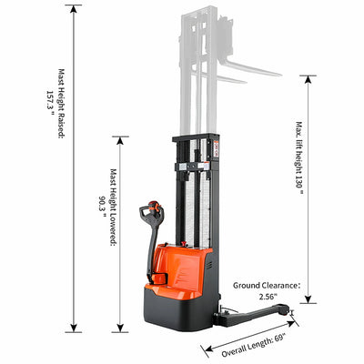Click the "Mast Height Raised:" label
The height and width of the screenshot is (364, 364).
[x=62, y=104]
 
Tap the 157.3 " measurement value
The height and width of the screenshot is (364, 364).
[x=50, y=103]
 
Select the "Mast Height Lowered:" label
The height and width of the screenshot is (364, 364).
[x=113, y=207]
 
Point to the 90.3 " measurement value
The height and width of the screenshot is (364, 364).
[x=102, y=207]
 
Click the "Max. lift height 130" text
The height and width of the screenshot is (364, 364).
[x=299, y=157]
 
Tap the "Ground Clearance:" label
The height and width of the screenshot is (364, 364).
[x=267, y=286]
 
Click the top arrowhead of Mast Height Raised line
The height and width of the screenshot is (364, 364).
[x=74, y=9]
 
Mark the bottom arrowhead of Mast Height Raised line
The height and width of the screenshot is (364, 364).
[x=74, y=328]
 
